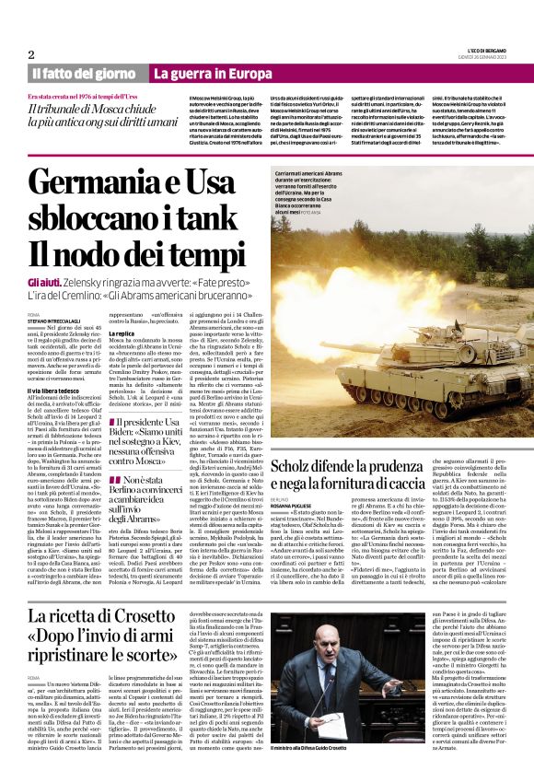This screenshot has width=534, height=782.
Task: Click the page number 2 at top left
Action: [x=31, y=54]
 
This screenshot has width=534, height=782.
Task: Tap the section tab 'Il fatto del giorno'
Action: [x=84, y=73]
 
